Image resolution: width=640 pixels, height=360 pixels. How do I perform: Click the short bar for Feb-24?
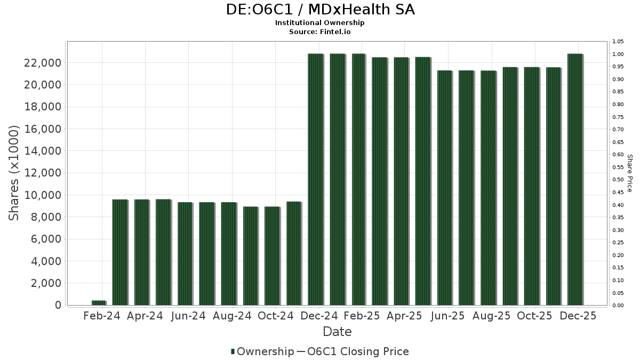click(x=99, y=303)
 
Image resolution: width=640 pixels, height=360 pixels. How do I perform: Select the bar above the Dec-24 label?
click(x=315, y=179)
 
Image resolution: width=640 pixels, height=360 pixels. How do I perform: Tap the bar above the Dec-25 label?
click(x=575, y=179)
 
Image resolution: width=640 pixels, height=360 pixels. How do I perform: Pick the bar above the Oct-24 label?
click(x=272, y=255)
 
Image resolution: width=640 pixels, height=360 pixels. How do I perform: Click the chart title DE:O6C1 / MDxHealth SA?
click(x=320, y=10)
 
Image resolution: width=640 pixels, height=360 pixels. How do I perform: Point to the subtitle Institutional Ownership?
click(x=320, y=23)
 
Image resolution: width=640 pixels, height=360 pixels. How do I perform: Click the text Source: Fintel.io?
click(x=320, y=31)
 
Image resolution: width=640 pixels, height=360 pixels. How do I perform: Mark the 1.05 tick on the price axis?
click(x=618, y=42)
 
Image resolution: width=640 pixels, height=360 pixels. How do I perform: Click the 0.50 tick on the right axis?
click(x=618, y=180)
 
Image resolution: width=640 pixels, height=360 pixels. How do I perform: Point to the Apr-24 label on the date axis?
click(x=145, y=316)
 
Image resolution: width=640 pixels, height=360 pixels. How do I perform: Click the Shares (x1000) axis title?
click(x=14, y=173)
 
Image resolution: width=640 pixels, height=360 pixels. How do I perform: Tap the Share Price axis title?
click(x=629, y=173)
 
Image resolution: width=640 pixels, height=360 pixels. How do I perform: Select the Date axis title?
click(x=337, y=332)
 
